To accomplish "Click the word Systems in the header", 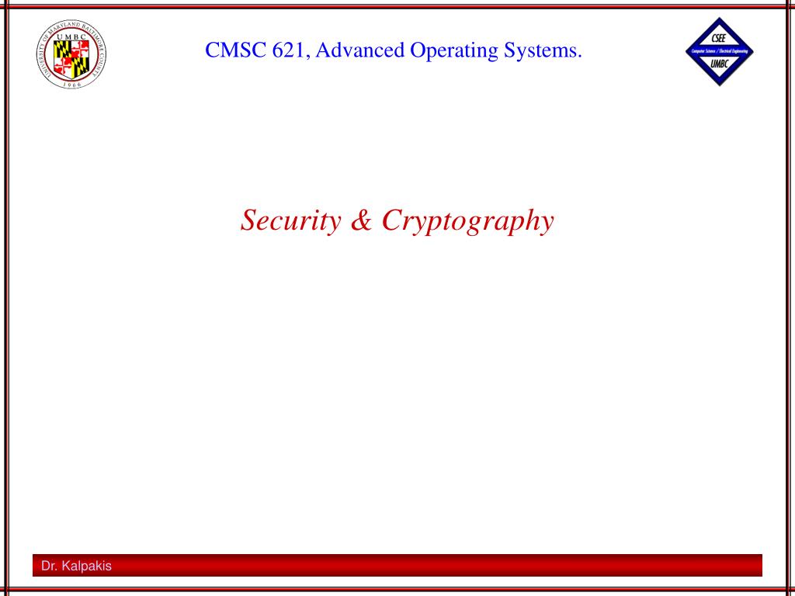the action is coord(540,51).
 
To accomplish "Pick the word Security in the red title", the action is coord(291,221).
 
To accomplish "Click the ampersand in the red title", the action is coord(361,220).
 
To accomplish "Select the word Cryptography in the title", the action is coord(467,222).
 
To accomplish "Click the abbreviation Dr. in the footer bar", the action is coord(49,566).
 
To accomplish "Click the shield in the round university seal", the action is coord(71,58).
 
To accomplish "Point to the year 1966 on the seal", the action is coord(71,84).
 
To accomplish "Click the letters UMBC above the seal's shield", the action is coord(71,36).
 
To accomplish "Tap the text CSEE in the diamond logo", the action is coord(718,39).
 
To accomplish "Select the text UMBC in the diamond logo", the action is coord(718,64).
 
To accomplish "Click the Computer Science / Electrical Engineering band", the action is coord(720,51).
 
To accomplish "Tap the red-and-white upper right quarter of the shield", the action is coord(80,49).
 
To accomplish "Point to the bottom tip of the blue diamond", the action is coord(720,85).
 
